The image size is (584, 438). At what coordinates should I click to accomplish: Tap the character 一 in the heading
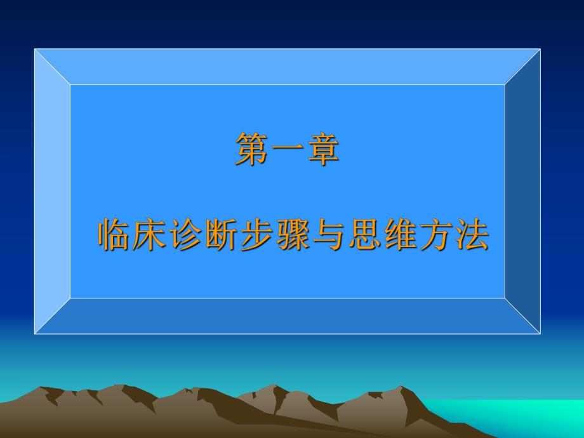(x=288, y=150)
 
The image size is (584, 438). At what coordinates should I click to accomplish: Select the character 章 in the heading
(x=323, y=150)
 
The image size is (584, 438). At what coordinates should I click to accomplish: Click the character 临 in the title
(x=114, y=236)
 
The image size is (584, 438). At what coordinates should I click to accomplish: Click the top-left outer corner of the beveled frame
(x=35, y=50)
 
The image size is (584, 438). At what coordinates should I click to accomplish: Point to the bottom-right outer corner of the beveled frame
(x=540, y=333)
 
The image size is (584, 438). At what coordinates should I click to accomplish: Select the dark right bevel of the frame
(x=522, y=190)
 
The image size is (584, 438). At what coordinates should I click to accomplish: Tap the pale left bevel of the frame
(x=52, y=190)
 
